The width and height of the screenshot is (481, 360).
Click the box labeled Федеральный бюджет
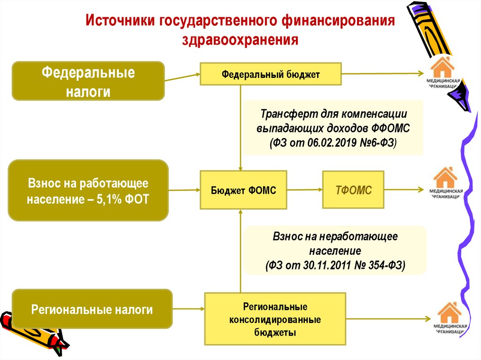271,74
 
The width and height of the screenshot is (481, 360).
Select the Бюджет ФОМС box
243,190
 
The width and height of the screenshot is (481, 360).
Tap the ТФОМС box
353,190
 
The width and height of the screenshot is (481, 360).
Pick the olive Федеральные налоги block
88,81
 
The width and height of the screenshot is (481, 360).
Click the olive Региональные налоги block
92,309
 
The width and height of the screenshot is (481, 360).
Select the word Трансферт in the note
287,114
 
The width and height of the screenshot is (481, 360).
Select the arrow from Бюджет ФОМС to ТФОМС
304,190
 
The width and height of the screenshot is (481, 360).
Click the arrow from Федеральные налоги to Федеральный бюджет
182,77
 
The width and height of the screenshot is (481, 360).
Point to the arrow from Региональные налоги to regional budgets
188,309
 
